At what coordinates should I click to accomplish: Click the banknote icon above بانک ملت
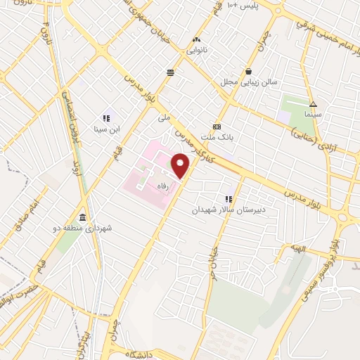(x=217, y=126)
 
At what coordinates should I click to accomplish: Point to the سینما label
(x=313, y=112)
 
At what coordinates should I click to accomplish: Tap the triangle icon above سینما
(x=314, y=101)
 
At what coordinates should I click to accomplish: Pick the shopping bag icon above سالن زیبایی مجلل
(x=249, y=71)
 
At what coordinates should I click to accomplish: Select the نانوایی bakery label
(x=196, y=51)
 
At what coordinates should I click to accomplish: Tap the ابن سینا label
(x=107, y=129)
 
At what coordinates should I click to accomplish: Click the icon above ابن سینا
(x=107, y=118)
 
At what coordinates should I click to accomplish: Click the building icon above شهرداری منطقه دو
(x=84, y=217)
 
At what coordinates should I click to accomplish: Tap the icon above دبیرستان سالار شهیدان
(x=228, y=198)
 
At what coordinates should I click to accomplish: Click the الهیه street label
(x=290, y=250)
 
